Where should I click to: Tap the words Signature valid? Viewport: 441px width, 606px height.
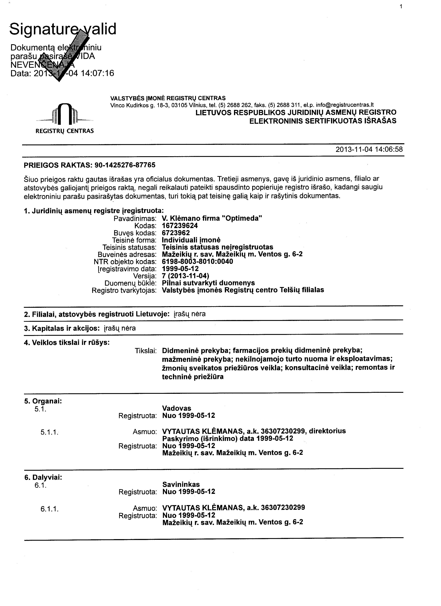pos(63,29)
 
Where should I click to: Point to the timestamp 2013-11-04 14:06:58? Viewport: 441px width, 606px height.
pos(369,149)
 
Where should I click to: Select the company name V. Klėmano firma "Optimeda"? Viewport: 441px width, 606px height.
pos(212,218)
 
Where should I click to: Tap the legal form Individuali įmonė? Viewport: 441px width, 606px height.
pos(191,240)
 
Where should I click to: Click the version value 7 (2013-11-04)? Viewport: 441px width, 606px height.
pos(186,276)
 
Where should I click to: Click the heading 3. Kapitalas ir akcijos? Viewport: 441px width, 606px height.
pos(62,328)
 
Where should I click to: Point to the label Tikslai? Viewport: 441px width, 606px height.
pos(145,351)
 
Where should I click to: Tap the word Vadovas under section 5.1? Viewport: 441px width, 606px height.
pos(177,408)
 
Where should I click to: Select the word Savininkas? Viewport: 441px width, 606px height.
pos(181,484)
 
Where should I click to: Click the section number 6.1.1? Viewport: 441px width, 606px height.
pos(49,509)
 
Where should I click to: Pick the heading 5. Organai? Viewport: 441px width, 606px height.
pos(43,401)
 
